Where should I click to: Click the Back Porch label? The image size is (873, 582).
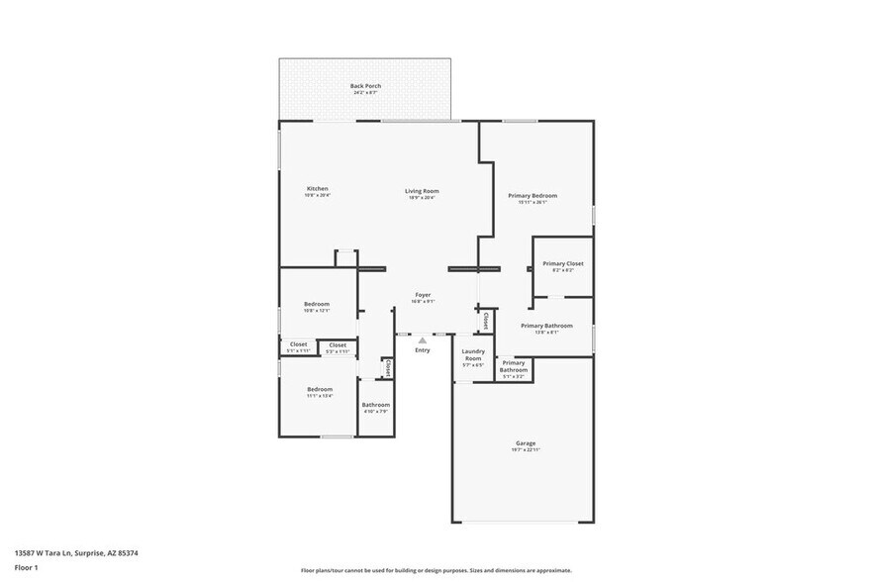(x=365, y=86)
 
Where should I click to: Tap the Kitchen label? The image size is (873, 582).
(x=317, y=189)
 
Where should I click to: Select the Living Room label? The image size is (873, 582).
(x=422, y=191)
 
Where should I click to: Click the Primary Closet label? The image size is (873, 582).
(x=562, y=264)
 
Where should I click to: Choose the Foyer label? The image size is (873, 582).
(x=423, y=296)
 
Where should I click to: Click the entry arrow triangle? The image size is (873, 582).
(x=423, y=339)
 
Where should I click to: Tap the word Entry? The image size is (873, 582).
(x=423, y=350)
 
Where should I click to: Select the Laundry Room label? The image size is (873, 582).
(x=473, y=355)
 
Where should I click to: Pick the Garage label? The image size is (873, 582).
(x=525, y=443)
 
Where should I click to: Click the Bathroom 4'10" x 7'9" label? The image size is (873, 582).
(x=375, y=405)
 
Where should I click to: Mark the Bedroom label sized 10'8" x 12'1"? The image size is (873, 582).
(x=317, y=305)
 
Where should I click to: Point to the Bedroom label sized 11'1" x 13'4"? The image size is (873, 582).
(x=319, y=390)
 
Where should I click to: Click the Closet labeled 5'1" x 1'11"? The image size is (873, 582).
(x=298, y=345)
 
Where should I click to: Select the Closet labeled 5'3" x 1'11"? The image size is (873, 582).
(x=338, y=345)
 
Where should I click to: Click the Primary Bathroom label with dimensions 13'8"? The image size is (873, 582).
(x=546, y=327)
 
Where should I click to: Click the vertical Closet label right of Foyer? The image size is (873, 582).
(x=485, y=321)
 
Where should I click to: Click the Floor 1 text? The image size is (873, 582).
(x=26, y=567)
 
